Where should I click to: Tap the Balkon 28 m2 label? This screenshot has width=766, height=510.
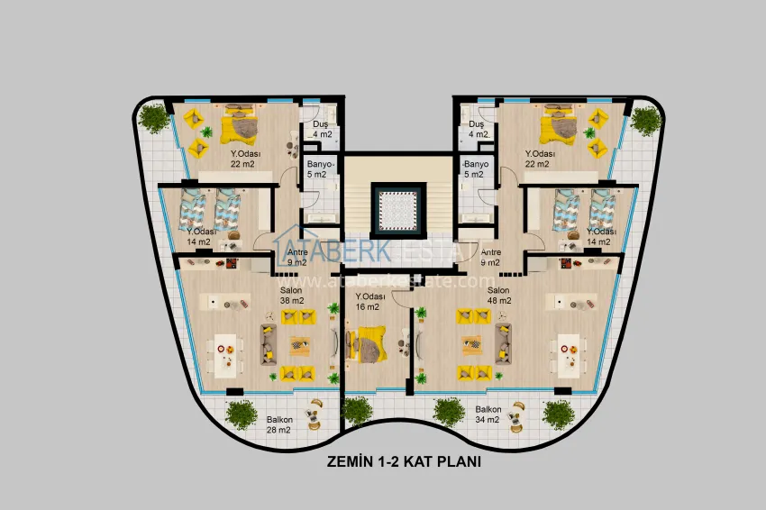[278, 424]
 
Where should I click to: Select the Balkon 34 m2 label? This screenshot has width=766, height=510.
[488, 414]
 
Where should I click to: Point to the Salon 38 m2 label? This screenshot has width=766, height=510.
[291, 296]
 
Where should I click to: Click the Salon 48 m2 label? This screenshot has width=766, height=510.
[499, 296]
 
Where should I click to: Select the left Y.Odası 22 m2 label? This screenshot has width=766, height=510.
[244, 158]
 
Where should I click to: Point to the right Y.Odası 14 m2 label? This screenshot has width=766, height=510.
[600, 236]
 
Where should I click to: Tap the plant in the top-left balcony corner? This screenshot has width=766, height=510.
[154, 117]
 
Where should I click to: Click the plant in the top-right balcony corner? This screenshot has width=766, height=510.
[645, 120]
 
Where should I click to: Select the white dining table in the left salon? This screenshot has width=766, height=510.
[229, 354]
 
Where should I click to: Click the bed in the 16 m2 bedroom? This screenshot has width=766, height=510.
[367, 343]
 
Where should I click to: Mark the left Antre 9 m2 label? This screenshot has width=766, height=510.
[296, 258]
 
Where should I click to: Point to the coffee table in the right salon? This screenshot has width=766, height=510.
[471, 343]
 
